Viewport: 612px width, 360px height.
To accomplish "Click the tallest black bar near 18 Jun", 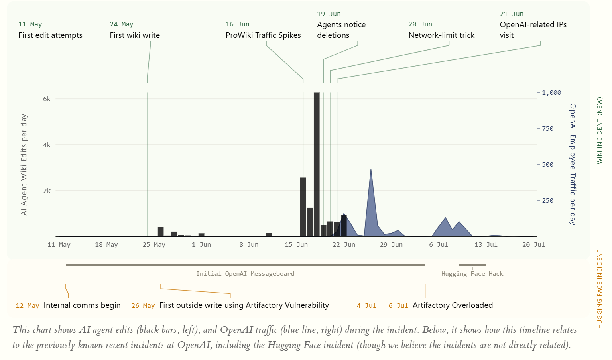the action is tap(317, 164).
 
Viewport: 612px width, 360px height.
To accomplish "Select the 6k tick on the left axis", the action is tap(47, 99).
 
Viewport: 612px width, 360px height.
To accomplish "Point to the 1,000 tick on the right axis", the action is tap(551, 93).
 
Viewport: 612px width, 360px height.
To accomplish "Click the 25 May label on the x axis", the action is tap(154, 245).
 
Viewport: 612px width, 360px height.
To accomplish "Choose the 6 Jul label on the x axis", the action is tap(439, 245).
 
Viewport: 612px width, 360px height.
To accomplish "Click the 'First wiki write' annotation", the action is tap(135, 35).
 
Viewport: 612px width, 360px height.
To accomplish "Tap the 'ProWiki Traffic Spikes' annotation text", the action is tap(263, 35).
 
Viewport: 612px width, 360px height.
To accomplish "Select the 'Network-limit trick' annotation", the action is tap(441, 35).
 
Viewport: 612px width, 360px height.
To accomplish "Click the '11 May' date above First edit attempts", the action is tap(30, 24).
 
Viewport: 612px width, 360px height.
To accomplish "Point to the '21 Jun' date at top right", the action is tap(512, 14).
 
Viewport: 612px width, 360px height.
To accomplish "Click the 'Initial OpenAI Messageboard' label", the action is tap(245, 273).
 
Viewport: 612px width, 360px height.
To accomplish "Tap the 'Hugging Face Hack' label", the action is tap(472, 273).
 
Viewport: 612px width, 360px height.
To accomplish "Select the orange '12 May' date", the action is tap(28, 306).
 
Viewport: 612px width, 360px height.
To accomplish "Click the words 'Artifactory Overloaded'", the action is tap(453, 305).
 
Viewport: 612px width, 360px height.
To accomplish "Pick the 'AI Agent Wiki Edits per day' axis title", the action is tap(24, 165).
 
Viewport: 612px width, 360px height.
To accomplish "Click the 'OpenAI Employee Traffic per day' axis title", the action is tap(573, 164).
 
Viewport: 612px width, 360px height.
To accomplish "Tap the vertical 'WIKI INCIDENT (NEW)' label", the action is tap(599, 130).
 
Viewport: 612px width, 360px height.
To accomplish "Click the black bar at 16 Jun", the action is tap(303, 207).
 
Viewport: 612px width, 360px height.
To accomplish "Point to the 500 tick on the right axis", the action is tap(548, 165).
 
